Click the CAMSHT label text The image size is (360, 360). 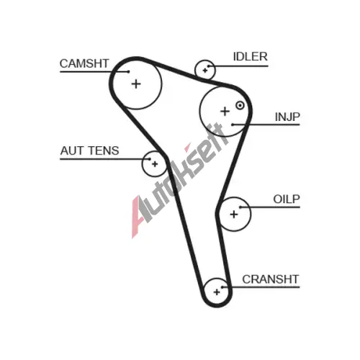[84, 63]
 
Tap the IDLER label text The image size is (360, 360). [251, 57]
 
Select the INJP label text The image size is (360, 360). [287, 117]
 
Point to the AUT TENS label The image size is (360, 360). [89, 150]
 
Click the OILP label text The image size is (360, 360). [287, 199]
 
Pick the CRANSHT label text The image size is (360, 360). [271, 279]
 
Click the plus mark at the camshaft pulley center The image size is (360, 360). [136, 84]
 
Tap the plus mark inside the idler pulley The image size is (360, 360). [205, 71]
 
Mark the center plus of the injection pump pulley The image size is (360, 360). [225, 112]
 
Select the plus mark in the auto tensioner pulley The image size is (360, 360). [155, 164]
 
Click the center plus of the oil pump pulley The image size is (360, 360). [234, 214]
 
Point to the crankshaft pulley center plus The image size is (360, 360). [217, 292]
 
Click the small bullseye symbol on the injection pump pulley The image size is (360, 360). [240, 105]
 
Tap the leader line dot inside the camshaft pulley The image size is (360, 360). [129, 71]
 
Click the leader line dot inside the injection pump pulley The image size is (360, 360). [233, 125]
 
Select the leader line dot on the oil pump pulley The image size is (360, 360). [240, 207]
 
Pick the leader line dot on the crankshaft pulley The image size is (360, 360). [222, 287]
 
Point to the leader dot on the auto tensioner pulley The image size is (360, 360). [150, 159]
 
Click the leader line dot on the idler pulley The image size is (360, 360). [209, 66]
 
